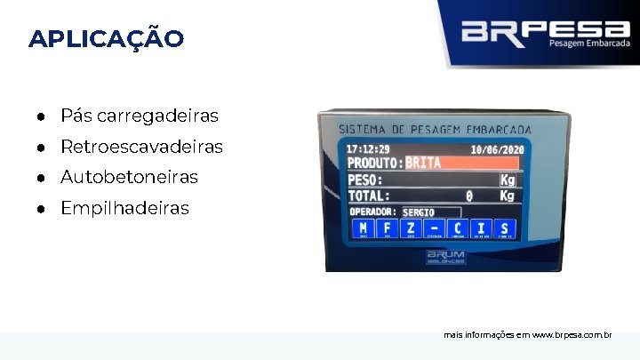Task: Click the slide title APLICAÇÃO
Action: (107, 39)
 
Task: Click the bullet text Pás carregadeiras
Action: (139, 116)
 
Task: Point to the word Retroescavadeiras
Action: (141, 147)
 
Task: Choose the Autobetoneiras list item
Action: (129, 177)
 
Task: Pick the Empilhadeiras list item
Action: (124, 208)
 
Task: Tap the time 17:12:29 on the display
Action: (368, 148)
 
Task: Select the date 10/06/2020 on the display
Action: (497, 150)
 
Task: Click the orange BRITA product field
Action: (462, 163)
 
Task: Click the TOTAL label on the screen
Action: (369, 196)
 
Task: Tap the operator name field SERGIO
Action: (430, 212)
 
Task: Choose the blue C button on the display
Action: (458, 229)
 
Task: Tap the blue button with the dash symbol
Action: (434, 229)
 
